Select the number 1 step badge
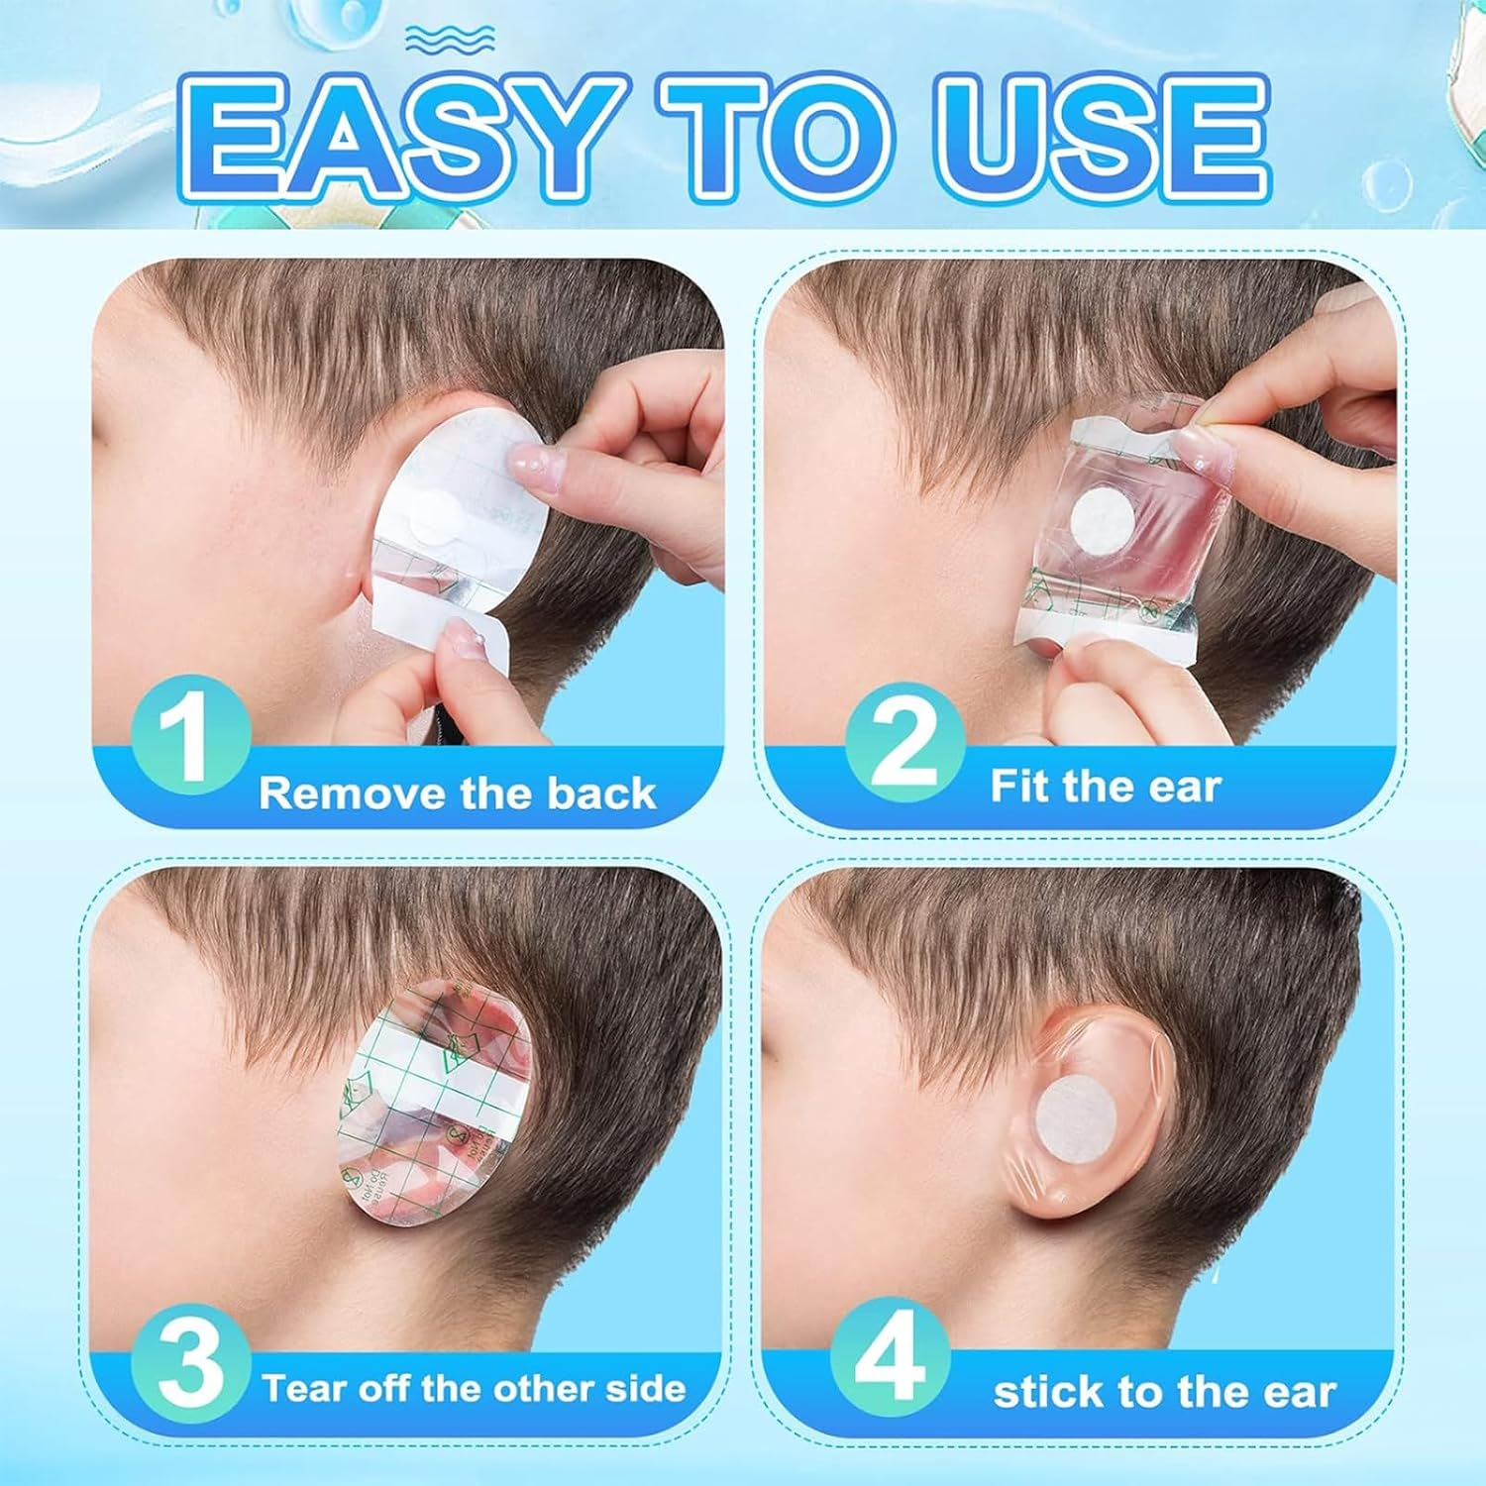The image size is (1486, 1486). tap(189, 734)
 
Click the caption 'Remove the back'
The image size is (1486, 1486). tap(458, 794)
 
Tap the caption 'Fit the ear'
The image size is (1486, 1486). tap(1106, 787)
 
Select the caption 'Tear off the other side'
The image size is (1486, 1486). tap(474, 1388)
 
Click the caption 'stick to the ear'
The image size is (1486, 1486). tap(1164, 1392)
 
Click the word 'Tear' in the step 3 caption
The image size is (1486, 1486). tap(306, 1388)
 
